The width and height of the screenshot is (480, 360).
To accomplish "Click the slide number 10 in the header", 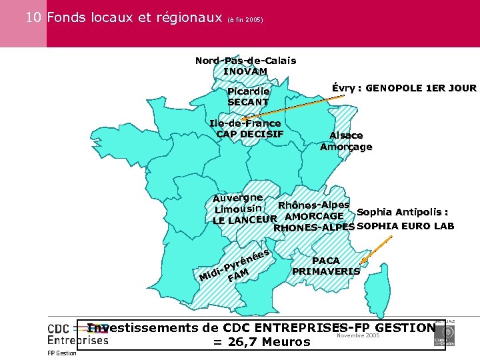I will [35, 18].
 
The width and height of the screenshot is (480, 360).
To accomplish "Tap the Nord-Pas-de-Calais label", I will [245, 61].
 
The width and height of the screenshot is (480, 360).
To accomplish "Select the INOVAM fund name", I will [245, 71].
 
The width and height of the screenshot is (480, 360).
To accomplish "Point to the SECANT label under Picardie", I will [248, 102].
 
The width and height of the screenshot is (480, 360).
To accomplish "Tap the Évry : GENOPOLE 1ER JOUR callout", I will [404, 88].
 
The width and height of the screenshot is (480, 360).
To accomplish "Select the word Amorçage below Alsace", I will [346, 147].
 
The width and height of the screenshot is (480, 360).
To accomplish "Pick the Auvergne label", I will [238, 198].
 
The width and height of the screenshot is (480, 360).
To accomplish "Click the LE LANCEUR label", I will [244, 220].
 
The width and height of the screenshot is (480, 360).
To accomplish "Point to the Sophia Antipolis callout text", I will [402, 213].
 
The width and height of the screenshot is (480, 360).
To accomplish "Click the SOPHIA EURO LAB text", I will [405, 225].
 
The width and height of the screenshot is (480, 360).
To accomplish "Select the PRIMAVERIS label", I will [325, 271].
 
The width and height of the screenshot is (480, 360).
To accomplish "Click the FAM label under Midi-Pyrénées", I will [238, 275].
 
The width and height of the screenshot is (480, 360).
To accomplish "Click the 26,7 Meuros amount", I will [261, 342].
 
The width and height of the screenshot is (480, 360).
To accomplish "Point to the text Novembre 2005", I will [358, 335].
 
